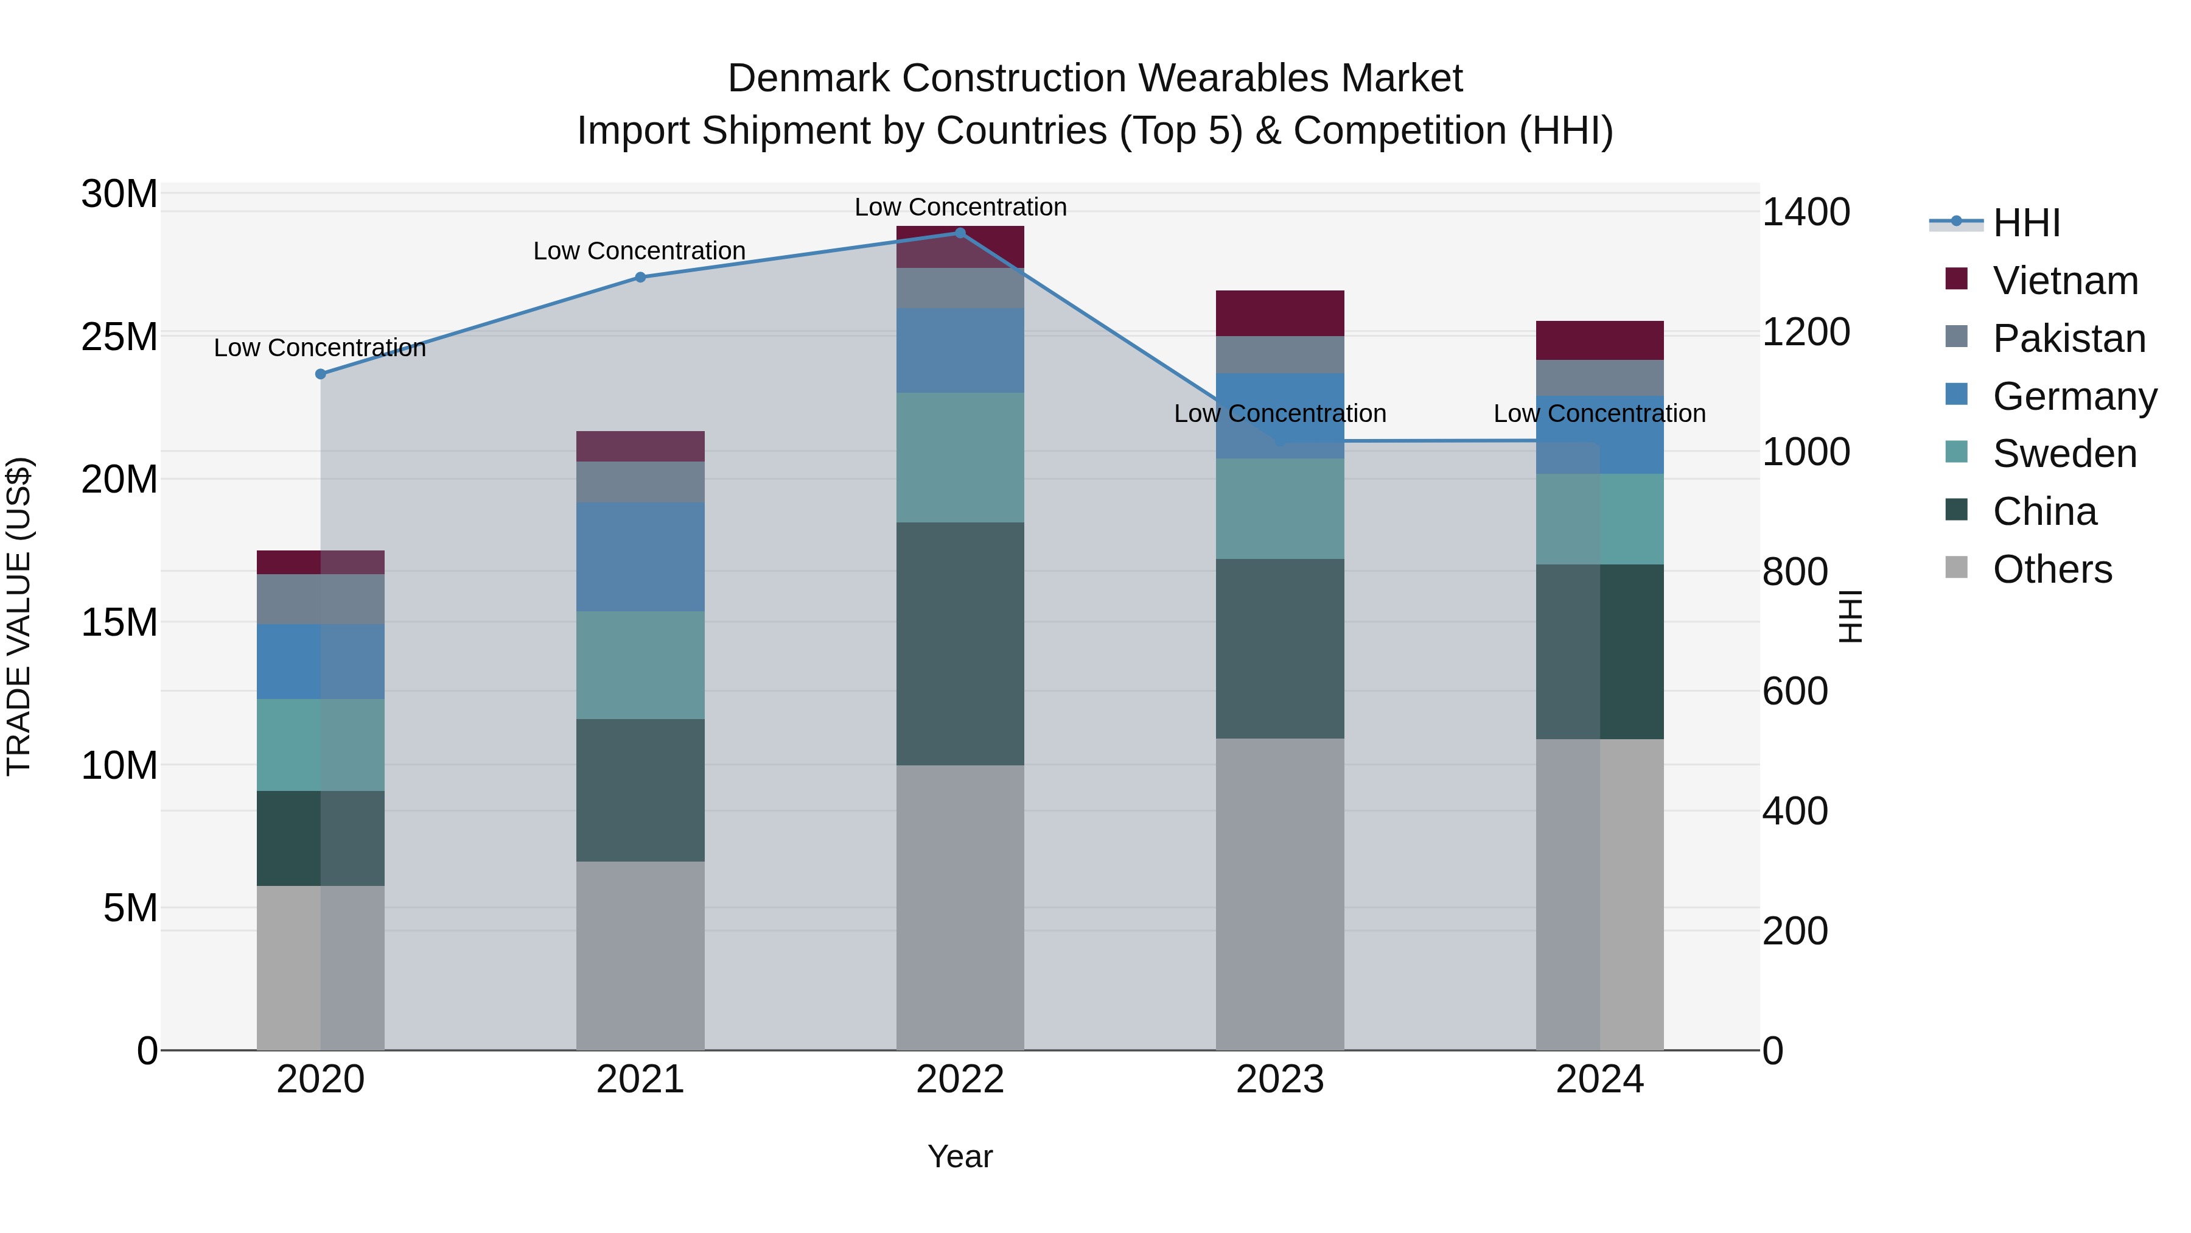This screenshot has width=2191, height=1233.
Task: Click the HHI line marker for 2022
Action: pos(960,233)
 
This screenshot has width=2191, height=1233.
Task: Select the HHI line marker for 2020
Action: pos(321,374)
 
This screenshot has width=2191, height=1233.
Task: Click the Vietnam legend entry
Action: pos(2064,281)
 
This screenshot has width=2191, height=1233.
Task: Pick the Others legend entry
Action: pos(2052,569)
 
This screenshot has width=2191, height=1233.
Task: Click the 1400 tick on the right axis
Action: pos(1806,212)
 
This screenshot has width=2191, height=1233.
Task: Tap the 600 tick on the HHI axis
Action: pos(1795,691)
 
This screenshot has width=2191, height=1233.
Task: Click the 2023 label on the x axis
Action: pos(1279,1080)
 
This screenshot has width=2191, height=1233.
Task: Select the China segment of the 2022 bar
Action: pos(960,644)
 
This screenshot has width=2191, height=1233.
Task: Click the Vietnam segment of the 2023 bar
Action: pos(1279,313)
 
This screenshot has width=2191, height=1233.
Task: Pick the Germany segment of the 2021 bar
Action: pos(640,557)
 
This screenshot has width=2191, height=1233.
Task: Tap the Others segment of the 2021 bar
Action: pos(640,955)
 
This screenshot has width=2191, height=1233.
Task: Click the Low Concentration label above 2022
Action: pos(960,207)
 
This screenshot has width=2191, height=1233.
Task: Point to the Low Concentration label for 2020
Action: pos(320,348)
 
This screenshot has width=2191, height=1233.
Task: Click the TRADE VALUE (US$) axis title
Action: pos(19,616)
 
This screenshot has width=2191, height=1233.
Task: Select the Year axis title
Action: pos(960,1156)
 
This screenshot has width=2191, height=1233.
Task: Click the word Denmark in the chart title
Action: pos(809,79)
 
